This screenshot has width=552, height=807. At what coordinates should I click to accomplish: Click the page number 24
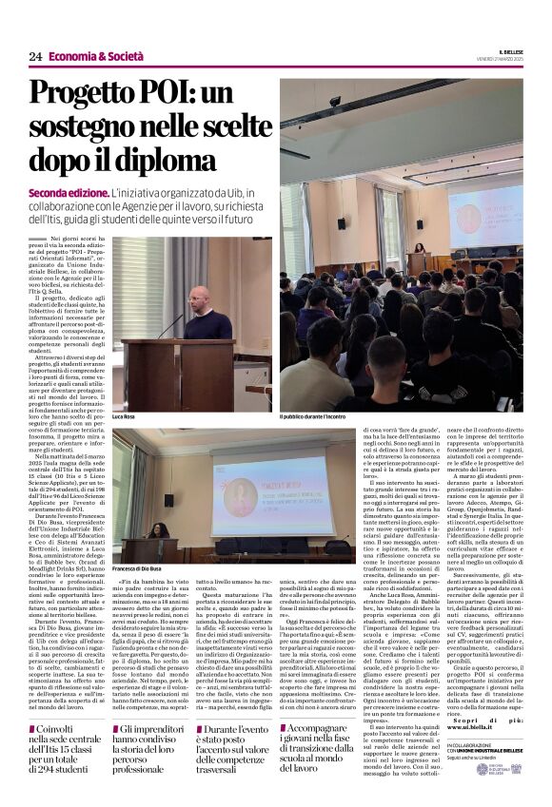coord(35,57)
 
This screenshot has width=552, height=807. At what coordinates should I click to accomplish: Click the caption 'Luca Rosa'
coord(124,416)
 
